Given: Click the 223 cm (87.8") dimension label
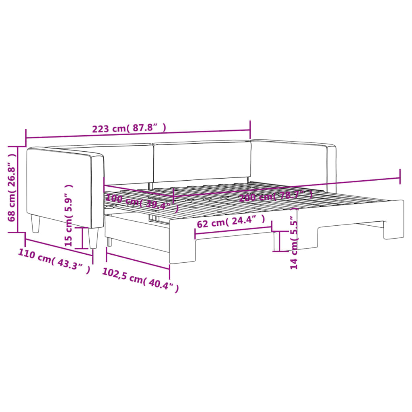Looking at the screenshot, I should [129, 129].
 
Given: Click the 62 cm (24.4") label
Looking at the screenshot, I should [231, 222].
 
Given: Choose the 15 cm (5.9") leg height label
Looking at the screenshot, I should [69, 215].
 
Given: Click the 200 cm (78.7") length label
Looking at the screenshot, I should [276, 196].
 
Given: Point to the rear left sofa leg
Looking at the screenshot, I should [36, 224].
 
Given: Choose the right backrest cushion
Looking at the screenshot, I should [201, 161].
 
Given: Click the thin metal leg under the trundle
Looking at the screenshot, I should [109, 241].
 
